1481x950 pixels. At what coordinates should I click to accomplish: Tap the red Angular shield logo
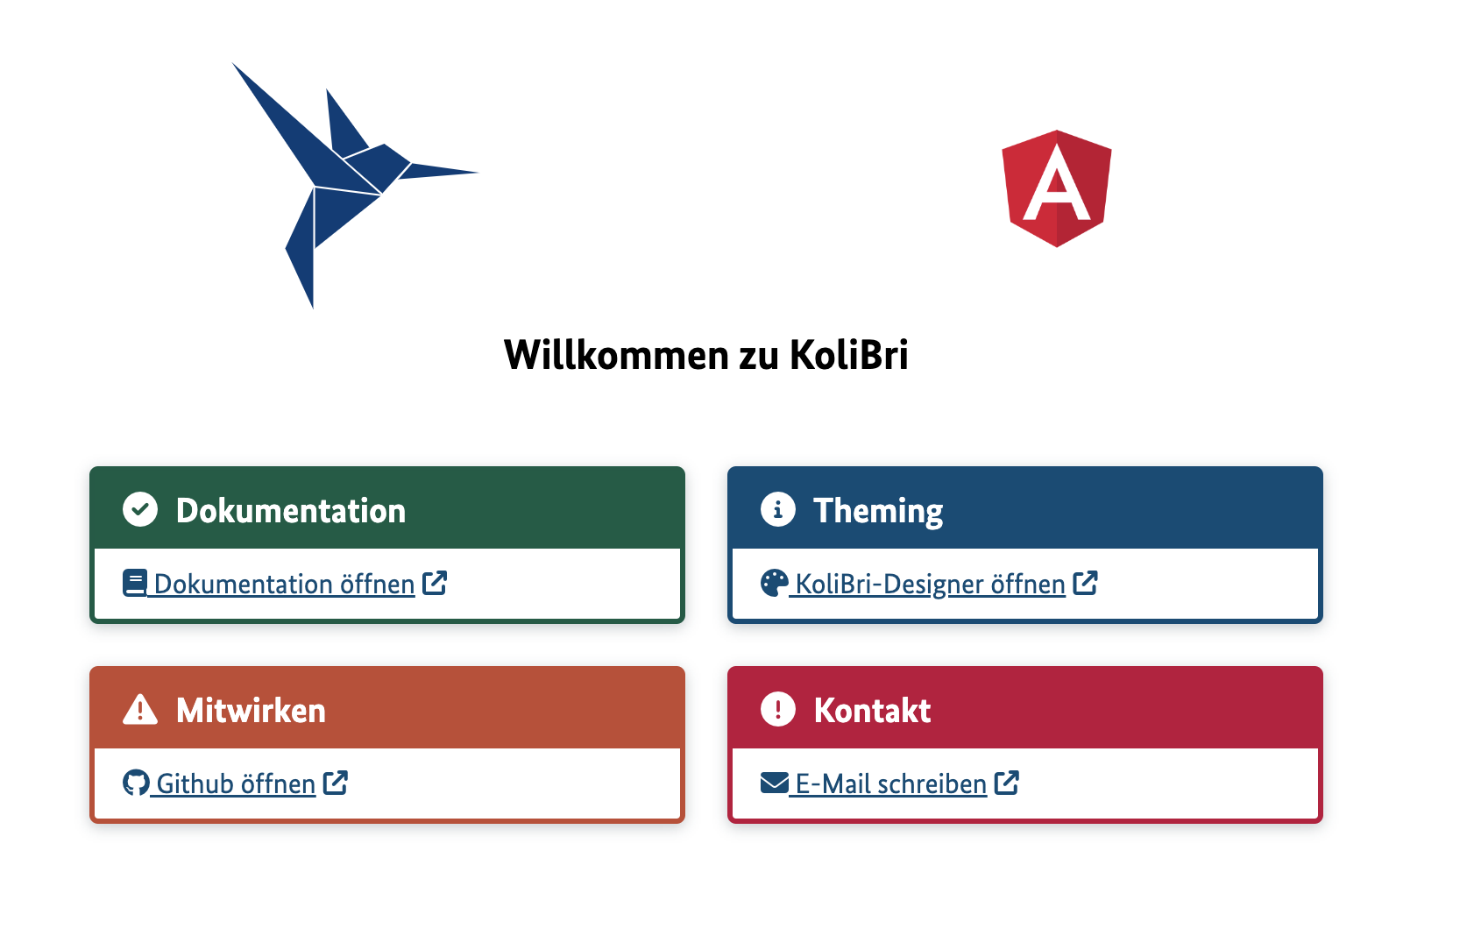1057,188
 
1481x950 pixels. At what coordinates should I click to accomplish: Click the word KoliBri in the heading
848,355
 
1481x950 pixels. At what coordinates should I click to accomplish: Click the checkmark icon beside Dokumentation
140,509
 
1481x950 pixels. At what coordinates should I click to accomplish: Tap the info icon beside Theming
778,509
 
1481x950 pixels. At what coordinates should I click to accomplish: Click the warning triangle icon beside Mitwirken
140,709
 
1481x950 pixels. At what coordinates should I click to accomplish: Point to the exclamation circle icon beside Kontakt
778,709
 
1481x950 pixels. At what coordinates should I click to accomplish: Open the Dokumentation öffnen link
284,584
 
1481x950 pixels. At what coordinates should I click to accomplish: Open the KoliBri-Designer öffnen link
930,584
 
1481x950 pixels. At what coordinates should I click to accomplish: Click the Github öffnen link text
236,783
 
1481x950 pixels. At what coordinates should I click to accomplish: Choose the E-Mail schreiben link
890,783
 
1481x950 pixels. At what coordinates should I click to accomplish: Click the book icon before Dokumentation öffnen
135,583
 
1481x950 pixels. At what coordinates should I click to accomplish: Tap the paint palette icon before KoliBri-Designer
775,583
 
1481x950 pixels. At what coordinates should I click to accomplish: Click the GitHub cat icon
136,783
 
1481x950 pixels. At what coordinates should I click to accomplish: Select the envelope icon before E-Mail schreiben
775,783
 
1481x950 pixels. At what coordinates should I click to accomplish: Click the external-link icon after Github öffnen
336,783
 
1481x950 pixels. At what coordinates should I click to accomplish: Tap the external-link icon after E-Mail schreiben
1007,783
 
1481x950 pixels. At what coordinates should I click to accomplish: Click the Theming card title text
878,511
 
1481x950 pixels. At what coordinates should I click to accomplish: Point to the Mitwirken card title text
251,711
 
